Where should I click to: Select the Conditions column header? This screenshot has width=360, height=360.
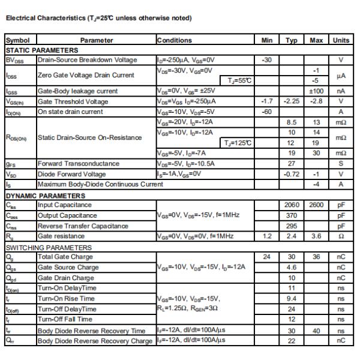(175, 40)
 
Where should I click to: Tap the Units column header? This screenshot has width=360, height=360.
(341, 40)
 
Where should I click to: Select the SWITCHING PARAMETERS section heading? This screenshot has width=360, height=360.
(49, 247)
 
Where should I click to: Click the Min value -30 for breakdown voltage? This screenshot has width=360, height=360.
(267, 59)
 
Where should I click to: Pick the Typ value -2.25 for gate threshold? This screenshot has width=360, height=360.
(292, 101)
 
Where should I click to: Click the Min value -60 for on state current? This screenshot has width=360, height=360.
(267, 111)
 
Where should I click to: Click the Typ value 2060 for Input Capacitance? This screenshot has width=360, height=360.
(292, 205)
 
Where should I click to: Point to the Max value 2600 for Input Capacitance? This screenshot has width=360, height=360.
(316, 205)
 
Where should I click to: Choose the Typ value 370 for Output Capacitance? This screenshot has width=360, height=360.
(292, 215)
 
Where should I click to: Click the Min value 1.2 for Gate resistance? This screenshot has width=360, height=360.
(267, 236)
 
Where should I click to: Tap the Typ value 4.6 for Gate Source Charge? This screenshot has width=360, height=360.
(292, 267)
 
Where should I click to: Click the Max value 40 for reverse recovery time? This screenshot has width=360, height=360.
(316, 331)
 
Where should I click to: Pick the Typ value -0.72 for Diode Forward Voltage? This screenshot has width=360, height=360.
(292, 173)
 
